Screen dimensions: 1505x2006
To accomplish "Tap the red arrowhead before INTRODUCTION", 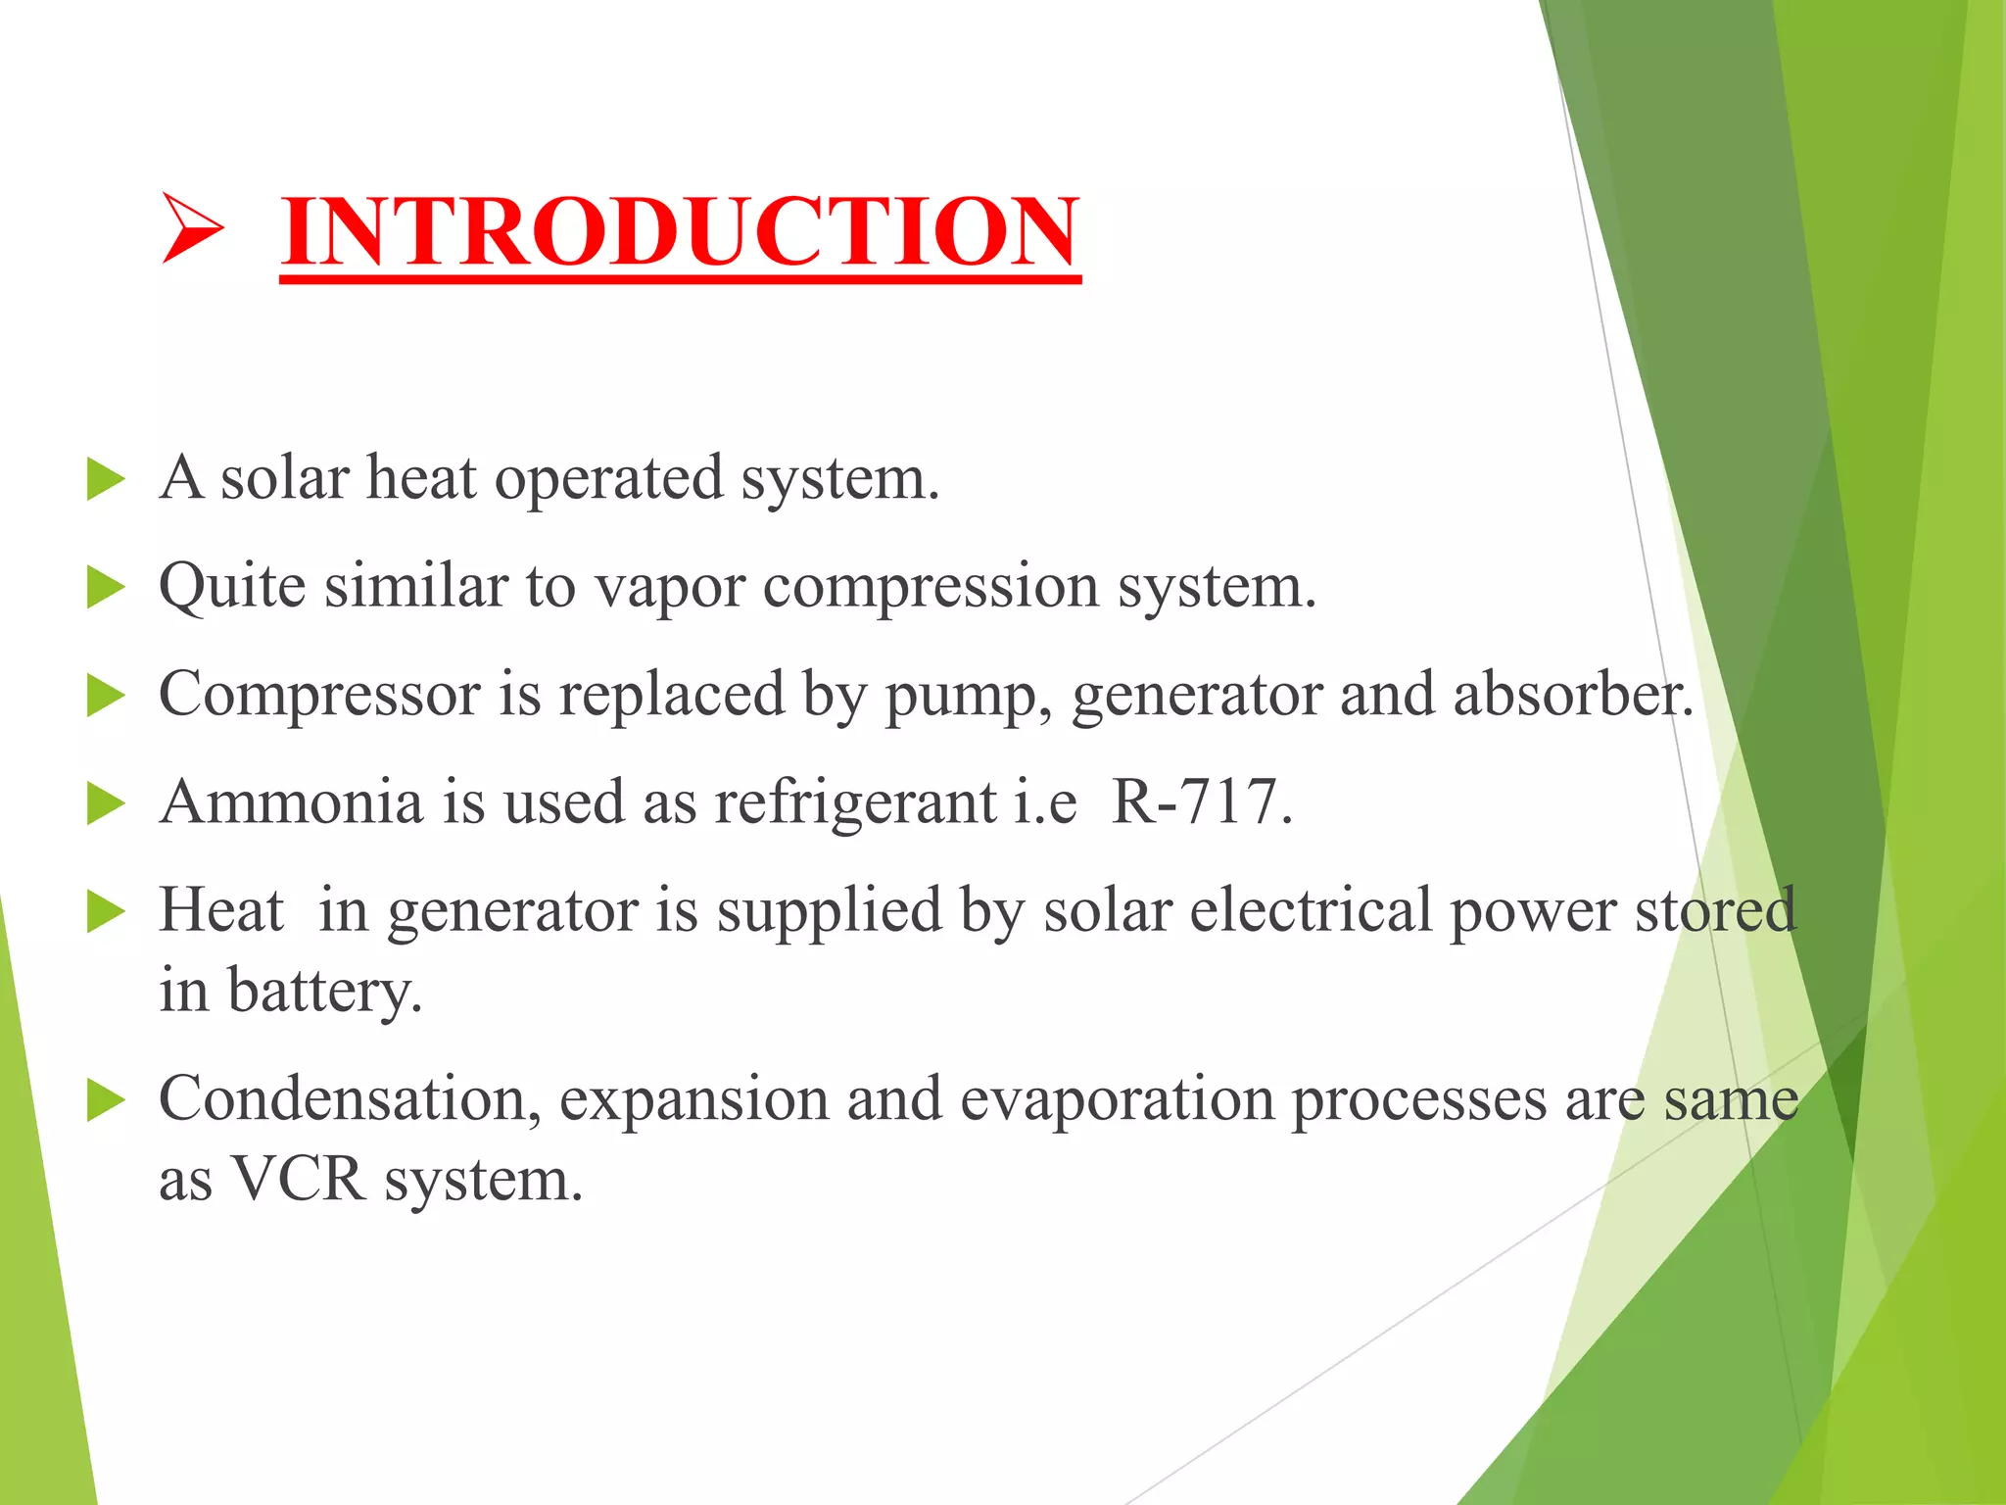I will pos(192,228).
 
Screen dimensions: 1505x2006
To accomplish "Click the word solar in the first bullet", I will pos(284,479).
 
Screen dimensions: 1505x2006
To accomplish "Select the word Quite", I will pos(232,587).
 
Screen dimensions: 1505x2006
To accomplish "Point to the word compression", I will pos(931,589).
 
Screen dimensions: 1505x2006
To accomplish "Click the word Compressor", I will pos(319,696).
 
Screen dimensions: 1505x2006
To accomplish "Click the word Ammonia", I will pos(292,802).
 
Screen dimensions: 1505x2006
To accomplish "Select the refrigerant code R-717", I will pos(1201,802).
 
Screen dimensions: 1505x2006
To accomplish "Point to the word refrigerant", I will pos(855,804).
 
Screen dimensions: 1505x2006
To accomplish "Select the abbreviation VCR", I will pos(298,1180).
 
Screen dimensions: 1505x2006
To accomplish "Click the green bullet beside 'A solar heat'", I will pos(106,481).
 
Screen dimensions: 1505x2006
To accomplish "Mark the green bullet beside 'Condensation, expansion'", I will pos(106,1100).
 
